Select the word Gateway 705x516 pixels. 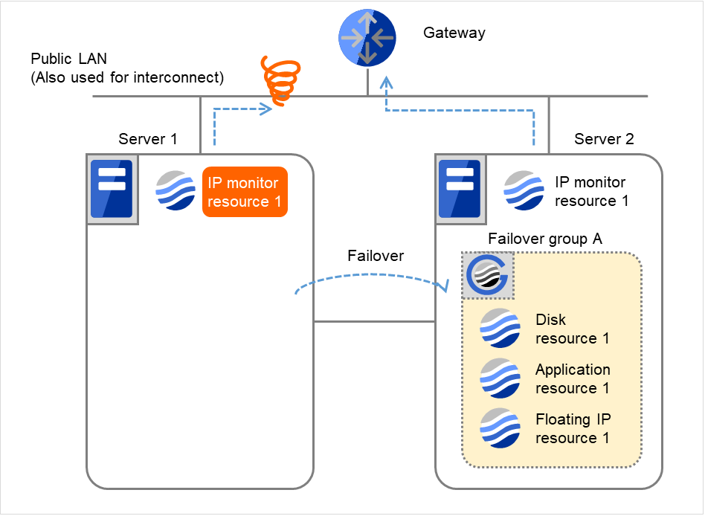[454, 33]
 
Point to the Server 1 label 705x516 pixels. [148, 139]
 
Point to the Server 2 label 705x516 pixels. [604, 139]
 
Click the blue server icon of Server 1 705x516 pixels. [111, 189]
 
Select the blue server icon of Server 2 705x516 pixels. [460, 189]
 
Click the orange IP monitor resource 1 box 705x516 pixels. [244, 192]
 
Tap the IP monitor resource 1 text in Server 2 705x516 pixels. [590, 191]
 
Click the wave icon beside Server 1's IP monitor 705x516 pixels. [176, 190]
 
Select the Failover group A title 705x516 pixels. [544, 239]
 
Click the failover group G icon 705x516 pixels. [487, 275]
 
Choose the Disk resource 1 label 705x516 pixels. [572, 329]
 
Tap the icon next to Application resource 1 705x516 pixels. [500, 378]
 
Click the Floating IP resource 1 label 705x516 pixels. [572, 428]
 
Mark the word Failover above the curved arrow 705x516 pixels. [376, 256]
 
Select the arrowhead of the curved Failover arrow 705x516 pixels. [448, 286]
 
